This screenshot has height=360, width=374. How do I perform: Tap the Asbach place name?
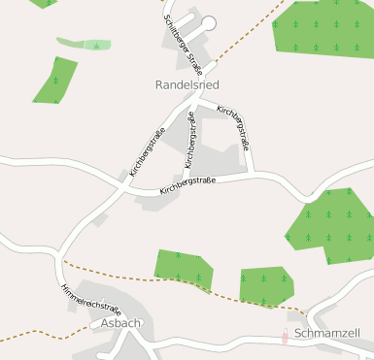click(121, 323)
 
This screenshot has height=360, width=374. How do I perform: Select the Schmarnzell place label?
click(326, 333)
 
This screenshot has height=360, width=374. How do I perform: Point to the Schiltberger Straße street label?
click(183, 40)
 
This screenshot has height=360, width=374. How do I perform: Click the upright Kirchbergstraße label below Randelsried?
click(189, 139)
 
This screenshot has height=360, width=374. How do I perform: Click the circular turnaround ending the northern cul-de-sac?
click(208, 22)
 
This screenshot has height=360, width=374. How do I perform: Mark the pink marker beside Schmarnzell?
click(285, 337)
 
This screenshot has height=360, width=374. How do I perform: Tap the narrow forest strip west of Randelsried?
click(55, 81)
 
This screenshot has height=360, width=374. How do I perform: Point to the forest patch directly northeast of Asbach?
click(183, 269)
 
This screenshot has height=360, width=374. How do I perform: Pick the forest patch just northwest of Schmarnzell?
click(264, 284)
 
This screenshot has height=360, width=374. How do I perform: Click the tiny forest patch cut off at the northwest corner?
click(43, 3)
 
